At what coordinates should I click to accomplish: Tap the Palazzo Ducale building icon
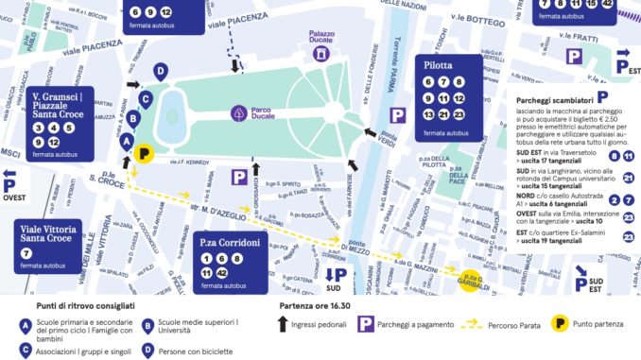point(322,54)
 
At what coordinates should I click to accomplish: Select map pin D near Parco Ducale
point(161,72)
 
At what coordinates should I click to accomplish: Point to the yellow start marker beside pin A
point(145,153)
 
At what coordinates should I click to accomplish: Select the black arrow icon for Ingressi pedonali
point(284,324)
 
